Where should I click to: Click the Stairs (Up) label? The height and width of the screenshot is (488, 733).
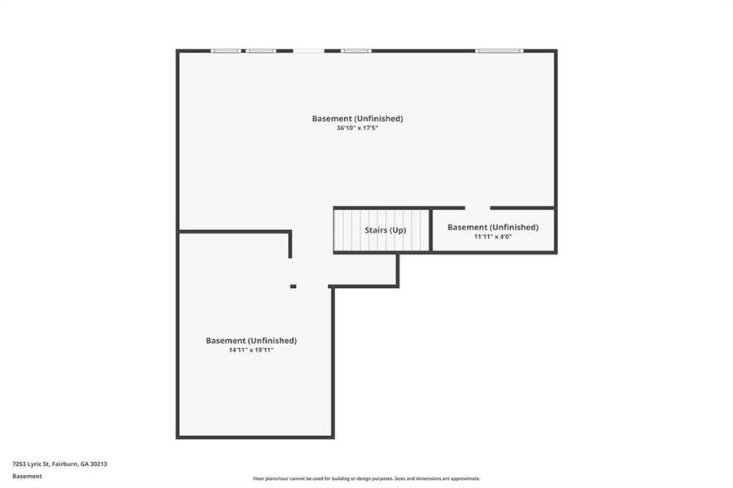(x=385, y=230)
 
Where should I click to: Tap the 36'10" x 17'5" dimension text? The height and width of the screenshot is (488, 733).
(x=357, y=129)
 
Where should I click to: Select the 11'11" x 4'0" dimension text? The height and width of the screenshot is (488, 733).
(x=492, y=237)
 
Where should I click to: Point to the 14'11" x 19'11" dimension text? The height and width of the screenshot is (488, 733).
(x=251, y=351)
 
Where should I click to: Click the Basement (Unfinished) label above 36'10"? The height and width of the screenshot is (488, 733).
(x=357, y=119)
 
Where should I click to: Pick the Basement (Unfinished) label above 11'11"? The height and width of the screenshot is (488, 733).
(x=492, y=227)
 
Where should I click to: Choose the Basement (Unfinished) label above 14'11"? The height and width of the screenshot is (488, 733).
(x=251, y=341)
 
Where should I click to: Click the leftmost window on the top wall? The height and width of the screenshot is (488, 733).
(x=225, y=50)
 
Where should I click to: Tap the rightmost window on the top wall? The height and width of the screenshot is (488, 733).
(x=500, y=50)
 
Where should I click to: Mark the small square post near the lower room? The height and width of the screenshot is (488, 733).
(x=293, y=286)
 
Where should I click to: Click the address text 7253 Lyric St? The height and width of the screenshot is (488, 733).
(x=31, y=464)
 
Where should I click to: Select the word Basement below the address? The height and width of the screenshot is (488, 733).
(x=27, y=477)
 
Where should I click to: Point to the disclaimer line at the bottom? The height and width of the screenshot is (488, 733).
(x=366, y=478)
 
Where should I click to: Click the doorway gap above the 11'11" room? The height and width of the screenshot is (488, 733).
(x=478, y=207)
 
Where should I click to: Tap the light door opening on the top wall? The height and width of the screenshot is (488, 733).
(x=308, y=50)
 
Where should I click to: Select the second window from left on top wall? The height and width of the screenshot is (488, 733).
(x=261, y=50)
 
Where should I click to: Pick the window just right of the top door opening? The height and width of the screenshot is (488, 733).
(x=356, y=50)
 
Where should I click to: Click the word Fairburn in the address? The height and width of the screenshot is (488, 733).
(x=64, y=464)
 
